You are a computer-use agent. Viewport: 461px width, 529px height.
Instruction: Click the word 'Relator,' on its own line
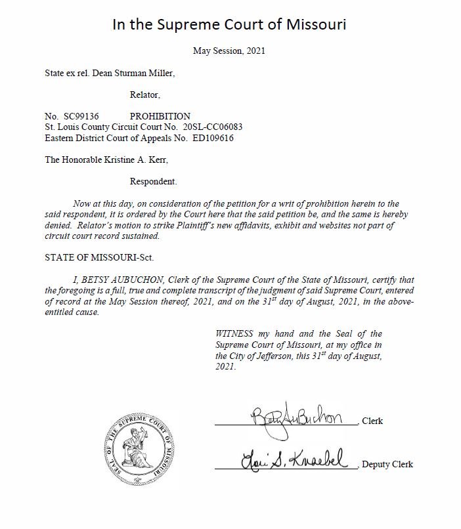click(x=145, y=95)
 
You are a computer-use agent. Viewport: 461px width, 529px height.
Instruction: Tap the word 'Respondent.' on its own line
click(x=153, y=181)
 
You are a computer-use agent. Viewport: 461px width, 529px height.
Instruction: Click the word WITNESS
click(x=236, y=334)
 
